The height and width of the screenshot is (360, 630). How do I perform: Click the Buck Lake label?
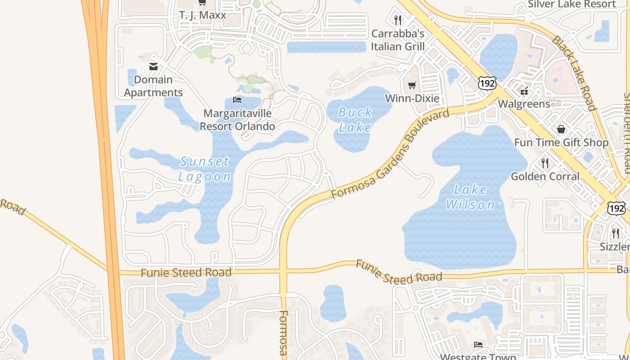[355, 119]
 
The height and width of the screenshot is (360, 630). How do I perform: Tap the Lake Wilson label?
[470, 197]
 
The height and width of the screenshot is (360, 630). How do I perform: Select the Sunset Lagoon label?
[205, 169]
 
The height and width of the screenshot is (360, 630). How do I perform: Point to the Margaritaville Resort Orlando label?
[237, 120]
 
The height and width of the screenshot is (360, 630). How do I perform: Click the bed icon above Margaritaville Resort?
[237, 99]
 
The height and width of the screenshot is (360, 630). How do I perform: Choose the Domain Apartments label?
[153, 86]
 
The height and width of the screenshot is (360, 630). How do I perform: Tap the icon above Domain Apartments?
[153, 67]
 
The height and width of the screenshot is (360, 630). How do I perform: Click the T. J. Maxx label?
[202, 15]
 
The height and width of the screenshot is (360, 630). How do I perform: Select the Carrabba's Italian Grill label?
[398, 40]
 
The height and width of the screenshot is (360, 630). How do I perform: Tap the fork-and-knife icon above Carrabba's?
[397, 20]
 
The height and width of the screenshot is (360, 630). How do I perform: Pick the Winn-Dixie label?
[412, 99]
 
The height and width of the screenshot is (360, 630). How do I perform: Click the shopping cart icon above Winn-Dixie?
[412, 85]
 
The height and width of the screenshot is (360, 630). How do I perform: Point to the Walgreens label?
[524, 104]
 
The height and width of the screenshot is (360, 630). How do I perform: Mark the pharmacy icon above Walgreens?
[524, 90]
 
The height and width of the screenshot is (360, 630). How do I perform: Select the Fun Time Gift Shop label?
[561, 143]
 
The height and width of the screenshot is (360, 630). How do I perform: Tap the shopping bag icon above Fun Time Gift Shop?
[561, 130]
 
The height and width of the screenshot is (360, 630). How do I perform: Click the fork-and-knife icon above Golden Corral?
[545, 163]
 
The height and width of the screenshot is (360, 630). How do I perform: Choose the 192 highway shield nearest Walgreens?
[487, 83]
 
